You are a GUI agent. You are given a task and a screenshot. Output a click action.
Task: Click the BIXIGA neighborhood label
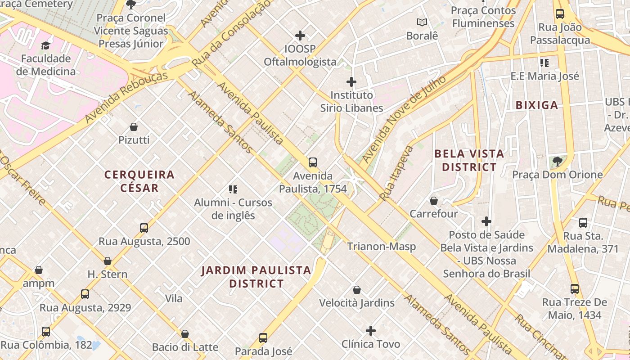pyautogui.click(x=536, y=105)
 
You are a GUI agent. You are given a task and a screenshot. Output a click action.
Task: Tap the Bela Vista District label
pyautogui.click(x=469, y=160)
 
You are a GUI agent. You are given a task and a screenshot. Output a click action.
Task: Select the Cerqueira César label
pyautogui.click(x=139, y=181)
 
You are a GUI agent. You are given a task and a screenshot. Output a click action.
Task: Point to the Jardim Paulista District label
pyautogui.click(x=256, y=277)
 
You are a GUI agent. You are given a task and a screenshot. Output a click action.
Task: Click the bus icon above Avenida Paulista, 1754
pyautogui.click(x=312, y=162)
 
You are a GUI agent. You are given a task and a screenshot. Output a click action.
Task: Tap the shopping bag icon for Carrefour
pyautogui.click(x=434, y=201)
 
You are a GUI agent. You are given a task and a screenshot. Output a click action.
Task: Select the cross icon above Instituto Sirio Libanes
pyautogui.click(x=351, y=82)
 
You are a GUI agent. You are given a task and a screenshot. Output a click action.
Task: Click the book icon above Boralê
pyautogui.click(x=422, y=22)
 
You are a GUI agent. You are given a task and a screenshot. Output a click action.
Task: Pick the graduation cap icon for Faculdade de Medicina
pyautogui.click(x=45, y=45)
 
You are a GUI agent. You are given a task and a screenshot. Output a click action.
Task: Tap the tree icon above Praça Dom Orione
pyautogui.click(x=557, y=161)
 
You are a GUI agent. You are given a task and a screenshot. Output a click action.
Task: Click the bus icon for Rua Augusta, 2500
pyautogui.click(x=144, y=228)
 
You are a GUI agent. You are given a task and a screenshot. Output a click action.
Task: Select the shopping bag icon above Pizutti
pyautogui.click(x=134, y=127)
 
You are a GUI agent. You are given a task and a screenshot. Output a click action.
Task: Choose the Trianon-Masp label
pyautogui.click(x=381, y=246)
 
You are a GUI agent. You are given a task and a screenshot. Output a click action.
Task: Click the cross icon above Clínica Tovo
pyautogui.click(x=370, y=331)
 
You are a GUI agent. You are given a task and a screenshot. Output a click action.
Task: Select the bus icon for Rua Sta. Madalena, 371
pyautogui.click(x=583, y=222)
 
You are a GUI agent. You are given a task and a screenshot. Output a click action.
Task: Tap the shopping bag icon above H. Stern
pyautogui.click(x=108, y=261)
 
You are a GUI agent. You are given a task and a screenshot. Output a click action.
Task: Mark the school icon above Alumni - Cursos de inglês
pyautogui.click(x=233, y=189)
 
